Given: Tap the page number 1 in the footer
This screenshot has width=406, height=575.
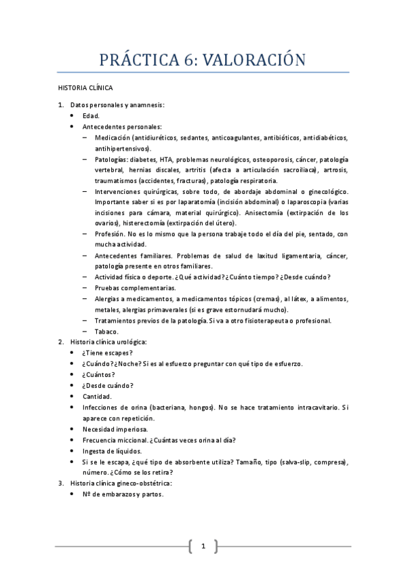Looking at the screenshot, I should [x=203, y=547].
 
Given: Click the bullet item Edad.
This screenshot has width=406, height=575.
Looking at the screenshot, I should [x=92, y=116].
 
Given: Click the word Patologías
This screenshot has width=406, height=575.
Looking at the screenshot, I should [x=113, y=159].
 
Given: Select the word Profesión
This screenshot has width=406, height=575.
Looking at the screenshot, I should [x=112, y=235].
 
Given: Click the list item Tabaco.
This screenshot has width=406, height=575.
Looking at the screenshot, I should [x=107, y=332].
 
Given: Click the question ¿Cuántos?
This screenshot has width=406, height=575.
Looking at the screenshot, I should [x=99, y=374].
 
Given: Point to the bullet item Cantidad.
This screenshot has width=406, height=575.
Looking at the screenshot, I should [x=98, y=396].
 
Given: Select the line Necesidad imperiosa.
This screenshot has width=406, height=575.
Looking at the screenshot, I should [x=115, y=429].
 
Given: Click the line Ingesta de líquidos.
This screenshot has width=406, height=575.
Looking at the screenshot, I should [x=113, y=450].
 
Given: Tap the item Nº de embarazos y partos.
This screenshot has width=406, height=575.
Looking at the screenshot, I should [x=123, y=494].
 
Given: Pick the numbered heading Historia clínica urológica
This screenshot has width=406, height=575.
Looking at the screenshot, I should [x=108, y=342].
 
